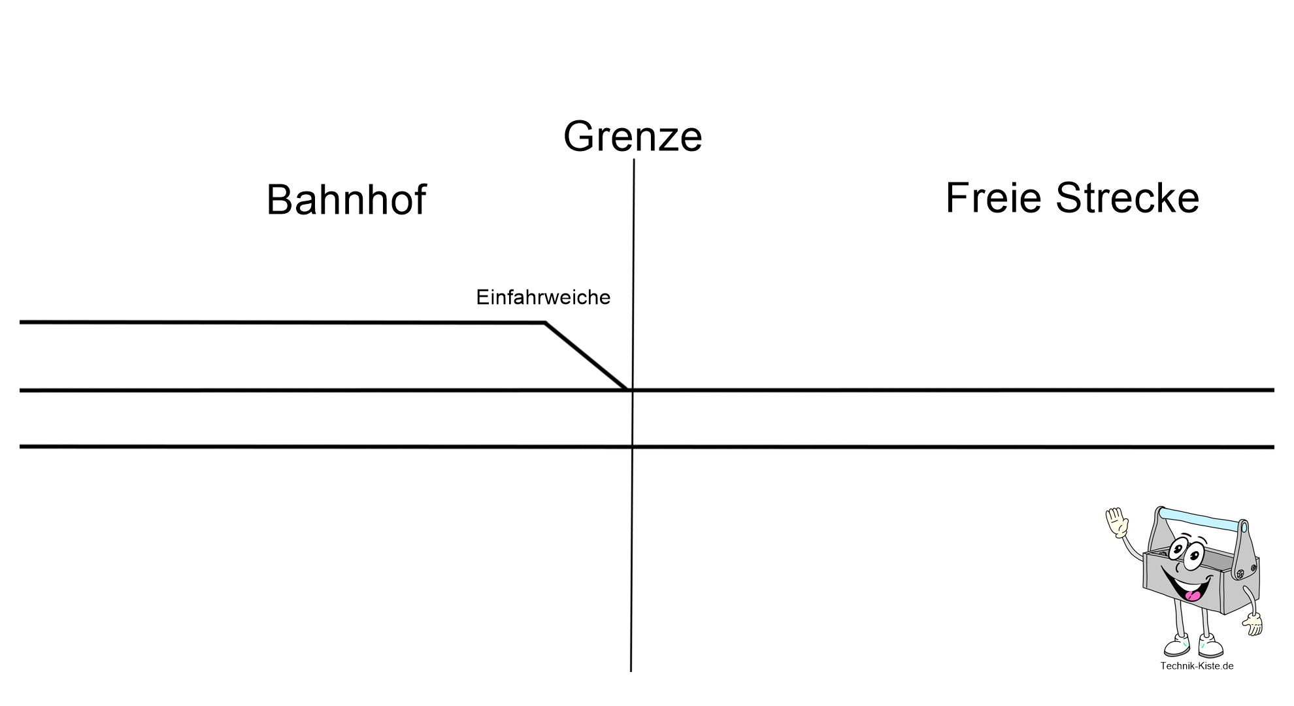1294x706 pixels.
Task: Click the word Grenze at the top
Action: click(633, 137)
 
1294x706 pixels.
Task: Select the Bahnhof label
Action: click(346, 200)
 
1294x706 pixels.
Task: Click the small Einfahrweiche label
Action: click(543, 297)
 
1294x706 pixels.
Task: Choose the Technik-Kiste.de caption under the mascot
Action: click(1197, 666)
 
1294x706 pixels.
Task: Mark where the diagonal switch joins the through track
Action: click(629, 390)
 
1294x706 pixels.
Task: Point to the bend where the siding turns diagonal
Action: click(545, 322)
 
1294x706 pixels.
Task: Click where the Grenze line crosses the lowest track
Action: click(633, 447)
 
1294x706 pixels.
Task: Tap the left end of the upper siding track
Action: click(22, 322)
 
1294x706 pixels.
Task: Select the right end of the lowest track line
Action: click(1272, 447)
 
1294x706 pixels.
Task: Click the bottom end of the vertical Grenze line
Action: click(631, 669)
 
